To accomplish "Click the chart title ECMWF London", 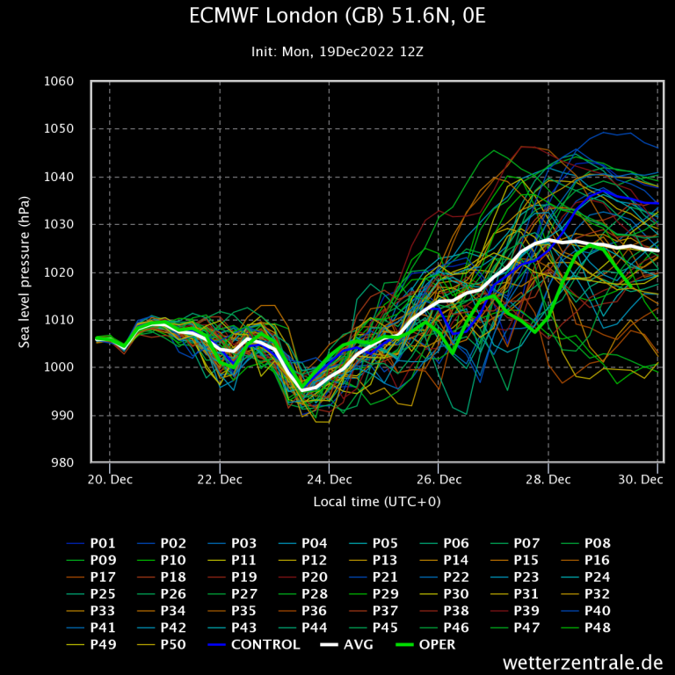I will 337,18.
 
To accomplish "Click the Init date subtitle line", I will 337,51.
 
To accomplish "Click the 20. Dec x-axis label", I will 110,479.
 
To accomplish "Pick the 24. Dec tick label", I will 329,479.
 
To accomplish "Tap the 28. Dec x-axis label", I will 548,479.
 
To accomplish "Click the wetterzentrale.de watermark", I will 583,661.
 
